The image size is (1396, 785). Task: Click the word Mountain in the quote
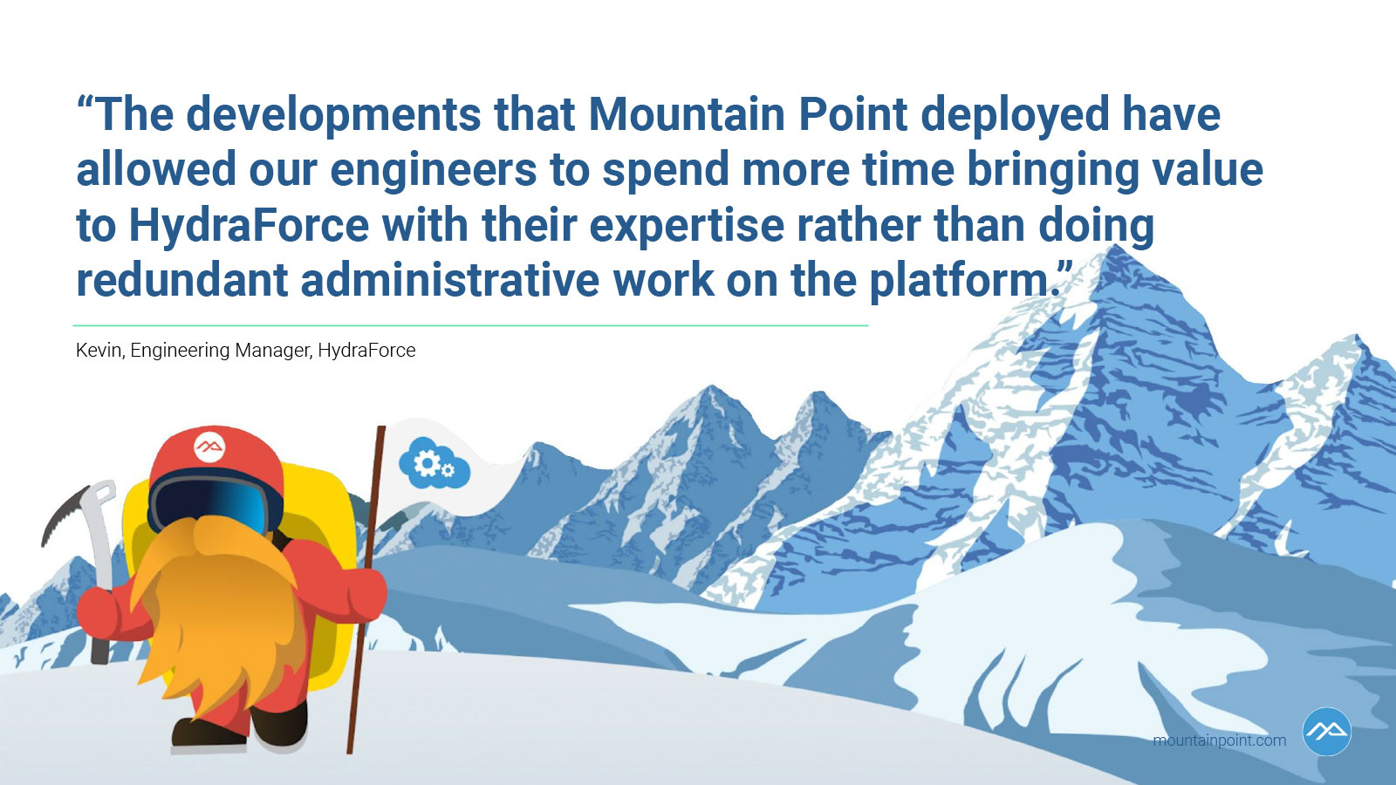686,114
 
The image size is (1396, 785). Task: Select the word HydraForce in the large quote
249,225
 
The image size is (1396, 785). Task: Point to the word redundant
181,280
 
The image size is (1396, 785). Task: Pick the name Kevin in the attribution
99,350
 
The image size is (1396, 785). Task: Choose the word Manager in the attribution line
273,351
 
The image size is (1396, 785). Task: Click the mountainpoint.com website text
1220,741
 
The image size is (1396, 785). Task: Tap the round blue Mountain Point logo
1326,732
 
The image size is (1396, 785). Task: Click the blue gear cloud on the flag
435,463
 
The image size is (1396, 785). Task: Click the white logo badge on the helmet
209,446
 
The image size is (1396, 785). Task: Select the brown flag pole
366,590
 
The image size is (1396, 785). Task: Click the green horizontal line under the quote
470,325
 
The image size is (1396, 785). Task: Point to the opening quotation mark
86,103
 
